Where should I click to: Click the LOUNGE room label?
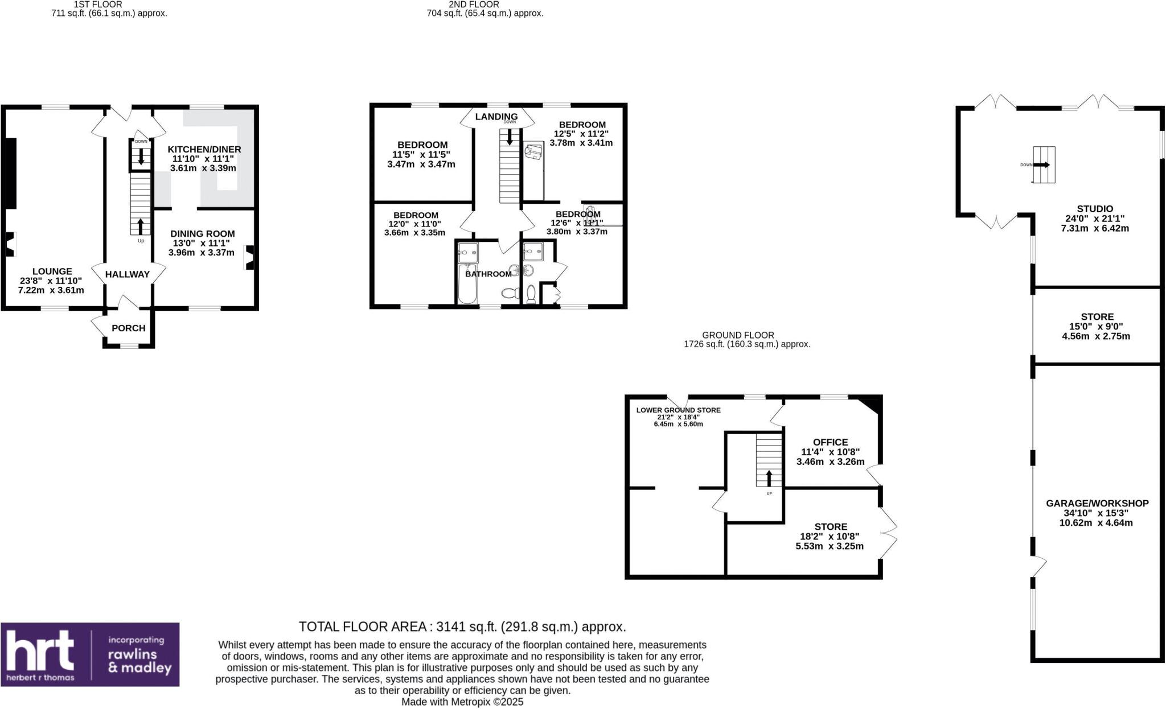coord(52,271)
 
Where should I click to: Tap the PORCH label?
coord(128,328)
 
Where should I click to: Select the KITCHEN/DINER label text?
coord(204,149)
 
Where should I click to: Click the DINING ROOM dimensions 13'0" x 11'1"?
coord(201,243)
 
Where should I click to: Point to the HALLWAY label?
coord(127,274)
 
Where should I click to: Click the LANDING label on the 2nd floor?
coord(496,116)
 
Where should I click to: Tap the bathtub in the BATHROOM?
coord(466,285)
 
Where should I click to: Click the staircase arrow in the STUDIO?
coord(1043,165)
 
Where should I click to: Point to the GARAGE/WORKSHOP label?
coord(1097,503)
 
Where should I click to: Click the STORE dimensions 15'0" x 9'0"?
coord(1097,327)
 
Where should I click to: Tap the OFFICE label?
coord(830,442)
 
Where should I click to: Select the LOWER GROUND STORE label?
coord(678,410)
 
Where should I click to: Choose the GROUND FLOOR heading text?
coord(737,335)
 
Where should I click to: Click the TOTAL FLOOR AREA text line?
coord(462,626)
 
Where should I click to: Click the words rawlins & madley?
coord(139,662)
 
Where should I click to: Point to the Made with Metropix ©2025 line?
coord(462,702)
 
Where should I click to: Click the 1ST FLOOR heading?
coord(98,4)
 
